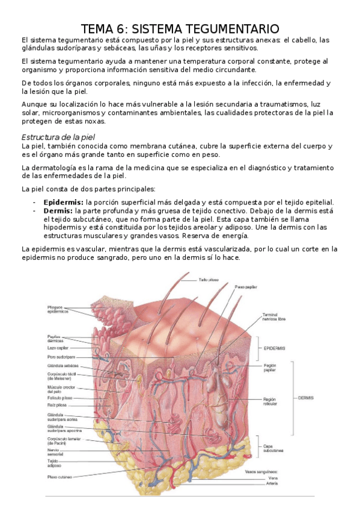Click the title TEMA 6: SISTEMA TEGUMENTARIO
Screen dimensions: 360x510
point(180,29)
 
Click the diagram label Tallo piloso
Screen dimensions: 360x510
point(209,279)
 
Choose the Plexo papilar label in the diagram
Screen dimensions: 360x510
point(246,287)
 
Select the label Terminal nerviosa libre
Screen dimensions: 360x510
point(273,317)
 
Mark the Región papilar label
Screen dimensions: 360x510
point(270,367)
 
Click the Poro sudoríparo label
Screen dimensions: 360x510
point(60,356)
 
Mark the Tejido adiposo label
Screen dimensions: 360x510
point(55,464)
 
